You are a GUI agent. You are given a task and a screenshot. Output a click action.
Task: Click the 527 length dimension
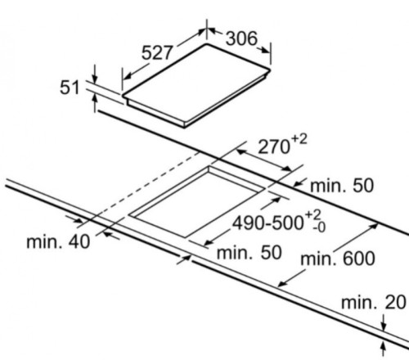157,52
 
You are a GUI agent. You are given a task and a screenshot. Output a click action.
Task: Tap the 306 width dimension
241,38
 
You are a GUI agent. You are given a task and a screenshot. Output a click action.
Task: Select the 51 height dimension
70,88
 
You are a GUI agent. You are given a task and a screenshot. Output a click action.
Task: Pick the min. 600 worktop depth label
338,259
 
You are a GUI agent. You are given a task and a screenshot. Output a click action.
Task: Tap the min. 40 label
58,241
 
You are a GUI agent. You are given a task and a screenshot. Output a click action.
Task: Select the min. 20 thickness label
374,302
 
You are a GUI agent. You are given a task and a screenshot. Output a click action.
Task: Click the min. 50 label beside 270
342,186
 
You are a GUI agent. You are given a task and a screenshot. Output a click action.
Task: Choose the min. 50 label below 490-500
249,252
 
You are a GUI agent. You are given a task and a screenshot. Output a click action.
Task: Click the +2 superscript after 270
299,140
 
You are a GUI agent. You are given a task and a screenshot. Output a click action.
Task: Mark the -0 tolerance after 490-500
319,227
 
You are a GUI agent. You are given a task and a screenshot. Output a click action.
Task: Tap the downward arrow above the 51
95,74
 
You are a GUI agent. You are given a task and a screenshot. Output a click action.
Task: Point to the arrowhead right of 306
264,50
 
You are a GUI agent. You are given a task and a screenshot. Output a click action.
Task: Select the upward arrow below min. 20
384,349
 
